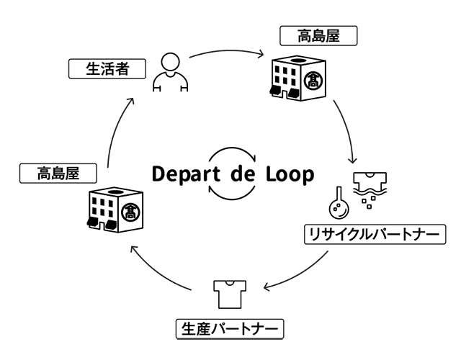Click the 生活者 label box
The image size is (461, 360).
tap(106, 70)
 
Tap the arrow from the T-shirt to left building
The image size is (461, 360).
tap(158, 270)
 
